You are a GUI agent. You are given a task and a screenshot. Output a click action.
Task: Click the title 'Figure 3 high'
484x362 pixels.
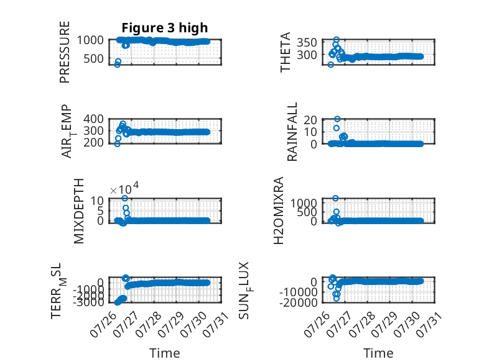(165, 28)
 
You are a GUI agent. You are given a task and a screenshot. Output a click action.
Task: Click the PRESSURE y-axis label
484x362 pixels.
(65, 52)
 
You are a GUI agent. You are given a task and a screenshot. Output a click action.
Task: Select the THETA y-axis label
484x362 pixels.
(285, 52)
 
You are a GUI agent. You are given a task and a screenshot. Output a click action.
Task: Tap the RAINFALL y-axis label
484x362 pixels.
(292, 132)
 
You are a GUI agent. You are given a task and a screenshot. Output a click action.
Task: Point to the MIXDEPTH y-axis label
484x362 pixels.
(79, 211)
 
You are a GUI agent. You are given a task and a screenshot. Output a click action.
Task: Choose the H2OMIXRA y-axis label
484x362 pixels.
(279, 210)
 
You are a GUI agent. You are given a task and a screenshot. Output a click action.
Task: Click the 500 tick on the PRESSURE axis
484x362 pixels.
(93, 58)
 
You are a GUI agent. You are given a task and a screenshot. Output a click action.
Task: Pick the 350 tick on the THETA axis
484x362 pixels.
(307, 42)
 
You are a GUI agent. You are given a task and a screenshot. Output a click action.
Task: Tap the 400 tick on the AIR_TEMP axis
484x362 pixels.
(93, 119)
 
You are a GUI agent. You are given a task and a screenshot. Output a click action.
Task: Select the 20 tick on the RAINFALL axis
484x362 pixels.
(310, 120)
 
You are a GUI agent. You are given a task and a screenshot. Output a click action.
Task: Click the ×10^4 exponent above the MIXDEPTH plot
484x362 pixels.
(124, 189)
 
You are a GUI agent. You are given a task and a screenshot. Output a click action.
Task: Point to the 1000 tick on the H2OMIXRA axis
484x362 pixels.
(304, 202)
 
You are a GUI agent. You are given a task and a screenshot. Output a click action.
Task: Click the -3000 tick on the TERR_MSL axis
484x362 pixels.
(88, 302)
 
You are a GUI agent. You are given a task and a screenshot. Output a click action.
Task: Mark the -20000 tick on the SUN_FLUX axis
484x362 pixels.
(299, 302)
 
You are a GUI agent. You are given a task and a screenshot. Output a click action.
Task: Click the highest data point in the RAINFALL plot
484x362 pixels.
(337, 119)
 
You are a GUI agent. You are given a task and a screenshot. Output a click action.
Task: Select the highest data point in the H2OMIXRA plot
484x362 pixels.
(335, 198)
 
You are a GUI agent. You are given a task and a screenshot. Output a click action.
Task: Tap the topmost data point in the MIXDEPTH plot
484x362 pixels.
(124, 198)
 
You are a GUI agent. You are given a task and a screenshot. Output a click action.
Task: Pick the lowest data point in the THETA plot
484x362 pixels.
(330, 65)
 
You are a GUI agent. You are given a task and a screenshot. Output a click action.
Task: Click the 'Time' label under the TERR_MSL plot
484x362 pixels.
(165, 353)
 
